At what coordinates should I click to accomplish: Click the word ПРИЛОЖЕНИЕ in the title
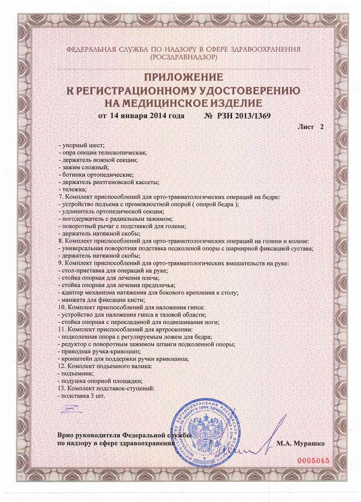coord(180,77)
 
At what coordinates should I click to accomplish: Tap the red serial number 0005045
coord(313,460)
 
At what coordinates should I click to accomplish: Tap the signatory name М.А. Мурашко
coord(301,443)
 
